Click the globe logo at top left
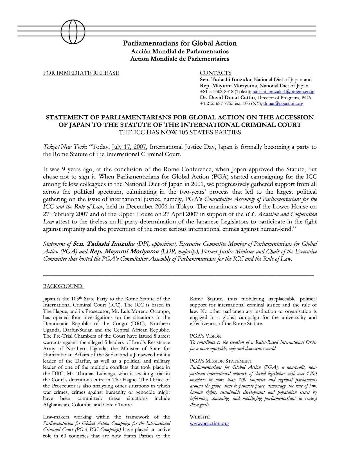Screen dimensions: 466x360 click(73, 32)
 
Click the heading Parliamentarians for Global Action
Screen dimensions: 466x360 click(180, 43)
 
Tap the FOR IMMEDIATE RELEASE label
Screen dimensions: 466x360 click(81, 73)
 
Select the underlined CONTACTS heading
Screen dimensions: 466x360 click(215, 73)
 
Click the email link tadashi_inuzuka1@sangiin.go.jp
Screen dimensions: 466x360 click(283, 92)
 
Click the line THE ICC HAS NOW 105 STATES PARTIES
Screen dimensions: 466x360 click(180, 132)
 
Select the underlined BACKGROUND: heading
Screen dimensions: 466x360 click(63, 286)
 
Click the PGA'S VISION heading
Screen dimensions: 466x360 click(205, 336)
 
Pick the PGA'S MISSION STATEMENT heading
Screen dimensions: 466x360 click(221, 361)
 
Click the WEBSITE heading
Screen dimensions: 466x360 click(200, 417)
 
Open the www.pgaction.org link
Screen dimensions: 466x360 click(209, 424)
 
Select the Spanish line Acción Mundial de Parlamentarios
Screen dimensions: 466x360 click(180, 51)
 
